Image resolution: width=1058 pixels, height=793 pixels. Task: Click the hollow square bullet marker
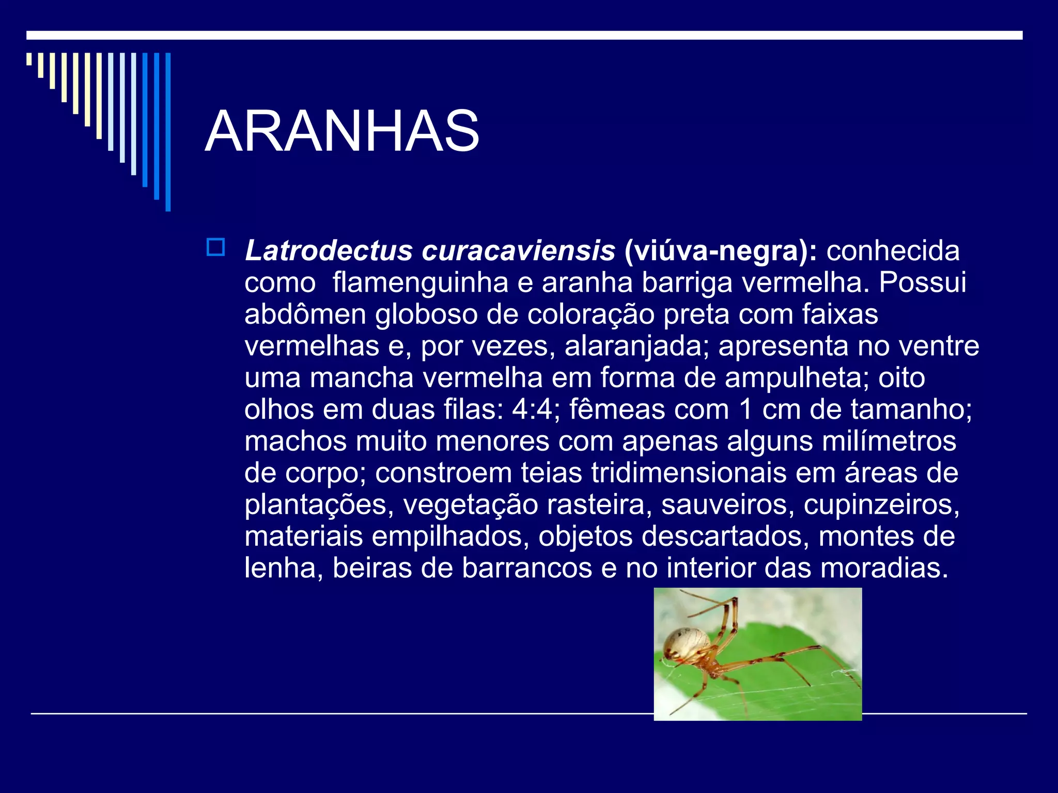click(x=215, y=247)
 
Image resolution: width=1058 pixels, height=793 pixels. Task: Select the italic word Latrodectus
click(x=329, y=251)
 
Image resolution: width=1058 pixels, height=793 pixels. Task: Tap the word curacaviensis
click(x=518, y=251)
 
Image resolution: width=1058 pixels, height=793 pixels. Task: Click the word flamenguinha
click(x=420, y=283)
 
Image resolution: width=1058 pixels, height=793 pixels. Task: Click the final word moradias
click(x=884, y=568)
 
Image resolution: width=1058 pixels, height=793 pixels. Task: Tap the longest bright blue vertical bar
click(x=168, y=132)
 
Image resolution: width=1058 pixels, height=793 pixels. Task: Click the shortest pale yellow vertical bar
click(x=29, y=59)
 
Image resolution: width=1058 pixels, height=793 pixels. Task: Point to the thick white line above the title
click(x=524, y=35)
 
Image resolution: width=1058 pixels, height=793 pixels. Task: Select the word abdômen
click(x=305, y=315)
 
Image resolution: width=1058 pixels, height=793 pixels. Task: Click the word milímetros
click(x=889, y=441)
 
